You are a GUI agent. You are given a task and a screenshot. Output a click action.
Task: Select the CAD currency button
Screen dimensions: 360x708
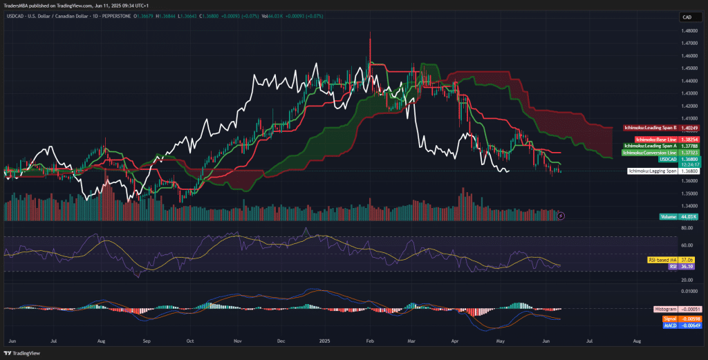pos(687,17)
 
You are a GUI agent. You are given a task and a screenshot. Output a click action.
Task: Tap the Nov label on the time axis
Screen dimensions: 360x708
pos(237,341)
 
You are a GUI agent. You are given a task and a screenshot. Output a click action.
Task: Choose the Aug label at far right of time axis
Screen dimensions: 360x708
pos(637,341)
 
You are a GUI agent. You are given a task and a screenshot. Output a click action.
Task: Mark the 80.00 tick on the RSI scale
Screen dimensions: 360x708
pos(687,228)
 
